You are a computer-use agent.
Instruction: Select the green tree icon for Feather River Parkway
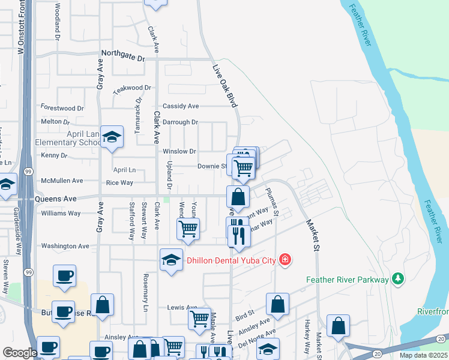point(397,279)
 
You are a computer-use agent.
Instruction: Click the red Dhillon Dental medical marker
point(285,260)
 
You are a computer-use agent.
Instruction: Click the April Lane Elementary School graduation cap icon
point(112,138)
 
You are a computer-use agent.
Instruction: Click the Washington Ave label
point(65,246)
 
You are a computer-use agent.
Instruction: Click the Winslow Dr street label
point(179,151)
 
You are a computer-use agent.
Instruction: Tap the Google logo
point(20,353)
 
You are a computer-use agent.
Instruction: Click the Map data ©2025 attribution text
point(423,355)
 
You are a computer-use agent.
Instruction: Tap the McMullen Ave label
point(61,181)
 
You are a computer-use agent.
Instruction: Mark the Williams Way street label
point(61,213)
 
